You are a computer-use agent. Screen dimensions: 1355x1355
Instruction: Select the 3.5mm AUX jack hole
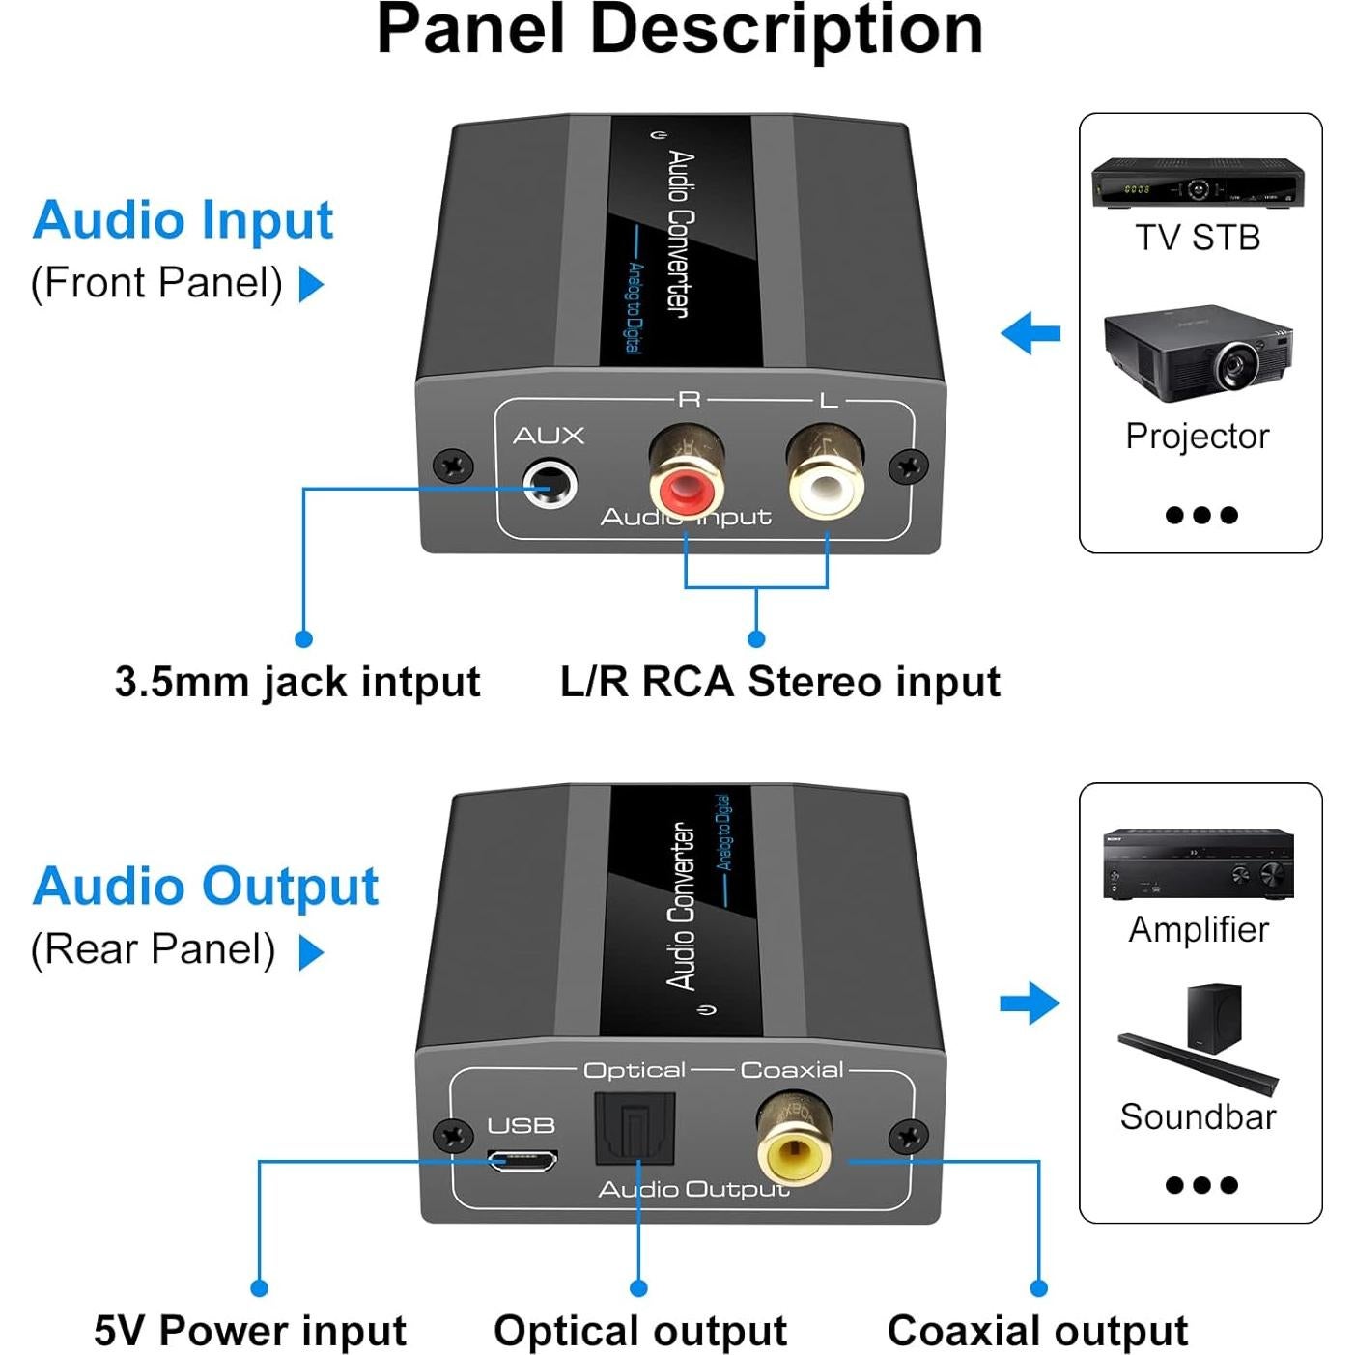[x=550, y=483]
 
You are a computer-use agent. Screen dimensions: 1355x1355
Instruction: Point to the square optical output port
[x=634, y=1127]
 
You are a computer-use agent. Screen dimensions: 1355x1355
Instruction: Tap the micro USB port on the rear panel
[x=522, y=1160]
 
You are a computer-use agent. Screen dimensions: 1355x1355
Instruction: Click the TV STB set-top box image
[x=1198, y=182]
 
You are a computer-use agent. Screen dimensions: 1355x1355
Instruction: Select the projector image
[x=1199, y=353]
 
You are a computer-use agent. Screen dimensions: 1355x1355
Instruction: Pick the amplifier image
[x=1198, y=863]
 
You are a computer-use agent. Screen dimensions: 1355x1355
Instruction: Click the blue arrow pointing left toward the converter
[x=1030, y=334]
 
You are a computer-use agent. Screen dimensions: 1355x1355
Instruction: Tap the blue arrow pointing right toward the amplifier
[x=1030, y=1002]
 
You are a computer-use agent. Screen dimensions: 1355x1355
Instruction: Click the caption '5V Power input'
[x=250, y=1330]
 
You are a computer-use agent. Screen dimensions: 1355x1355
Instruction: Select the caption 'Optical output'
[x=640, y=1330]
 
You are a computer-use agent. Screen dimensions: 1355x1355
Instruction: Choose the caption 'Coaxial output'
[x=1037, y=1330]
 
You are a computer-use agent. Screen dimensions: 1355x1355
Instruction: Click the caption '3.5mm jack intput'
[x=296, y=682]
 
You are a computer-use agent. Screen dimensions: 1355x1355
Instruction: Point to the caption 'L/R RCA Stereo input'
[x=779, y=682]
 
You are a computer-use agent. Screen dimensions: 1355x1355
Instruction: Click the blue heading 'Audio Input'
[x=183, y=220]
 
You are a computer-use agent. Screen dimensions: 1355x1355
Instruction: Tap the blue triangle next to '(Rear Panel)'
[x=311, y=952]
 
